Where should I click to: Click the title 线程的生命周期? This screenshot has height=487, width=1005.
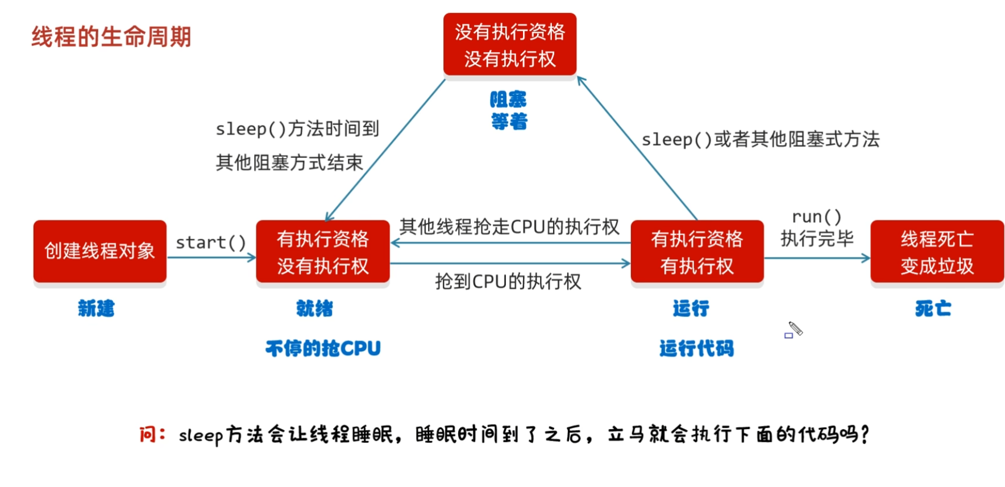pyautogui.click(x=111, y=37)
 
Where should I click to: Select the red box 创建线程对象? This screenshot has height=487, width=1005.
pyautogui.click(x=100, y=251)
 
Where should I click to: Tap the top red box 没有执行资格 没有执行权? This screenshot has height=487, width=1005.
pyautogui.click(x=510, y=45)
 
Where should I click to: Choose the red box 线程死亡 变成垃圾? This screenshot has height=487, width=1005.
pyautogui.click(x=937, y=252)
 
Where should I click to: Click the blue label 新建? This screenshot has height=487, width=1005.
pyautogui.click(x=96, y=309)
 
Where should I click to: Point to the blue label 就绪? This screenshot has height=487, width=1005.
pyautogui.click(x=314, y=309)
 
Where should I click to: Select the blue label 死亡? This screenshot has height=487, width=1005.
pyautogui.click(x=933, y=309)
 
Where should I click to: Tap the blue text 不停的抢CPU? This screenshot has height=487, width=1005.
pyautogui.click(x=323, y=348)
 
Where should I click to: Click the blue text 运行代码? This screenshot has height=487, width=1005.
pyautogui.click(x=696, y=348)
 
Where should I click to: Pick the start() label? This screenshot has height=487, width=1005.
pyautogui.click(x=211, y=243)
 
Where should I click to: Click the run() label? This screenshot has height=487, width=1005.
pyautogui.click(x=816, y=217)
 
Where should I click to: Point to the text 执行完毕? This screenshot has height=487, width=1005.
pyautogui.click(x=817, y=239)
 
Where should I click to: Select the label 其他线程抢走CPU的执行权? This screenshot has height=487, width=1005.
pyautogui.click(x=509, y=227)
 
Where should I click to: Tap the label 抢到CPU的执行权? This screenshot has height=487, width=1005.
pyautogui.click(x=508, y=281)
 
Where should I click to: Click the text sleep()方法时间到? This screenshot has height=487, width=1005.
pyautogui.click(x=297, y=129)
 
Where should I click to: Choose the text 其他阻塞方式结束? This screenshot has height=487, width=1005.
pyautogui.click(x=289, y=163)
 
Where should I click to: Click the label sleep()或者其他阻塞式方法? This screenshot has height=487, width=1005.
pyautogui.click(x=761, y=139)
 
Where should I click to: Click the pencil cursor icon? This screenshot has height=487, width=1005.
pyautogui.click(x=795, y=328)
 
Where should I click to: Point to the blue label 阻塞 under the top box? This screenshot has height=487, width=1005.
pyautogui.click(x=508, y=99)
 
